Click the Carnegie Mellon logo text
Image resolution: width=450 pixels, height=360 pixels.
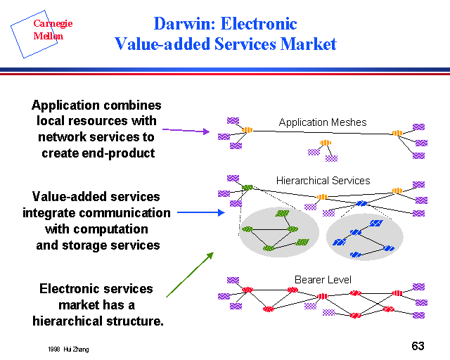coord(53,30)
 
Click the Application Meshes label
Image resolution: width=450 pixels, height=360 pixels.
coord(323,122)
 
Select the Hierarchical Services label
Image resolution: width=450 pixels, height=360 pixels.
coord(323,181)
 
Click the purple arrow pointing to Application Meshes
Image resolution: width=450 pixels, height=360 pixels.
coord(186,130)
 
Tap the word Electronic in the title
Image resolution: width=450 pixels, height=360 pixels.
coord(259,25)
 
